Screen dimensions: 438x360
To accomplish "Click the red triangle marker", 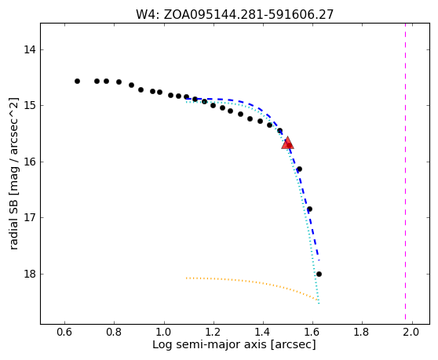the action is (287, 143).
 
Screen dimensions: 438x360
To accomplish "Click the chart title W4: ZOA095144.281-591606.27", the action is (235, 15).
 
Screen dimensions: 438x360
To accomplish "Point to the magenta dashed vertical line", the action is (405, 172).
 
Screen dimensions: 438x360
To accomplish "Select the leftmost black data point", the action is (78, 82).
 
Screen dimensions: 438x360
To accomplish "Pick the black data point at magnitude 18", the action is (319, 274).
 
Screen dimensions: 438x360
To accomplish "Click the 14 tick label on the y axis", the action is (30, 50).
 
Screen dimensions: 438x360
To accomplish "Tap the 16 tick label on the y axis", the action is (30, 162).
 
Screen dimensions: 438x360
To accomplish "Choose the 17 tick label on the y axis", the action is (30, 217).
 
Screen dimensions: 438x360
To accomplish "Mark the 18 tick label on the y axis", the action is (30, 274).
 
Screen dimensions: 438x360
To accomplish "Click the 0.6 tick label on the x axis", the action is (65, 332).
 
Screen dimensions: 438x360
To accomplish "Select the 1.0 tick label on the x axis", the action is (164, 332).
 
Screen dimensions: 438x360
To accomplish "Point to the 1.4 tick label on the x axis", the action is (263, 332).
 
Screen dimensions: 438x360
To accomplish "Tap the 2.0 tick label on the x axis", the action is (411, 332).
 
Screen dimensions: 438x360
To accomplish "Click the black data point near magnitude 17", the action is (309, 209).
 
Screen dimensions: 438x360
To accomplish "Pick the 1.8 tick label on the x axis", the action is (362, 332).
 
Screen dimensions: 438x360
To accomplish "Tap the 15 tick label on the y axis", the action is (30, 105).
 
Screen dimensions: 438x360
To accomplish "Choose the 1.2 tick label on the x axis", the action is (214, 332).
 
